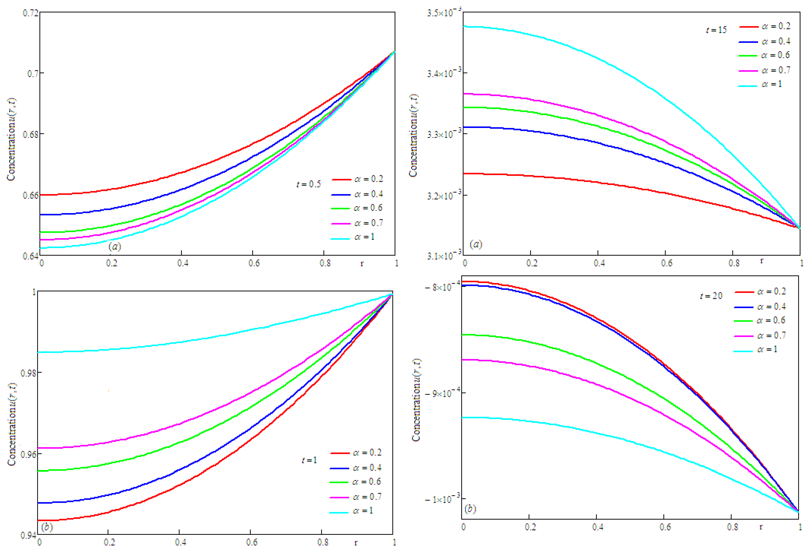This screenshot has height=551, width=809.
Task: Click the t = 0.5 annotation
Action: pos(308,184)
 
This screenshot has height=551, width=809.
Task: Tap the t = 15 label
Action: pos(716,30)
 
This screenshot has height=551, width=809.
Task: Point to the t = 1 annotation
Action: pos(309,460)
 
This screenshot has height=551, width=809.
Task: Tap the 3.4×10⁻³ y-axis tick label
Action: pos(444,73)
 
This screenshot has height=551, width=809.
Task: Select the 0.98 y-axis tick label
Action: pos(29,373)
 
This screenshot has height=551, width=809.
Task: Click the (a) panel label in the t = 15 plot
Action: pos(476,244)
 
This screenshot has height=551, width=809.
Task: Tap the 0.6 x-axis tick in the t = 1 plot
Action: pos(252,542)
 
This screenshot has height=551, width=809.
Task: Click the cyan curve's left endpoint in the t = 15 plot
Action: pos(464,26)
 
